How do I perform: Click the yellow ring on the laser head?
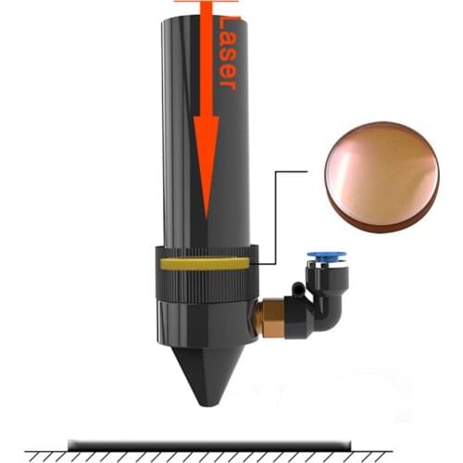[204, 263]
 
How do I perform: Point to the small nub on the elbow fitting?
[298, 290]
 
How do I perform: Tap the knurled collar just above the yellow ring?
[204, 251]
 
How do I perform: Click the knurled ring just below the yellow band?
[204, 280]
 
